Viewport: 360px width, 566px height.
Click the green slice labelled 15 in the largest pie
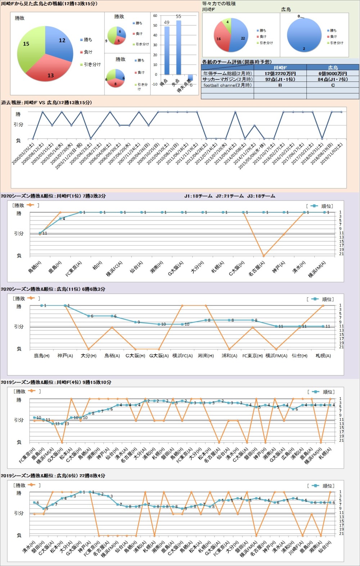29,47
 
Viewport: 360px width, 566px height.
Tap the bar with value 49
167,50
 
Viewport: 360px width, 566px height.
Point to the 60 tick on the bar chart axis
155,16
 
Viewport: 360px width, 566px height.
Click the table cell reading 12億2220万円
280,73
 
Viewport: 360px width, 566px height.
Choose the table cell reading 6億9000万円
333,73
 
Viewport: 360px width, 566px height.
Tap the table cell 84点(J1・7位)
333,79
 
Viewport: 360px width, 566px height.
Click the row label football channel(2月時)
228,85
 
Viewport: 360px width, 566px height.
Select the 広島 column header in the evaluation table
333,68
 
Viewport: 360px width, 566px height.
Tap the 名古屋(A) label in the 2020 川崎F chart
257,269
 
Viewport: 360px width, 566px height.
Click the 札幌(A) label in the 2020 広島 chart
323,356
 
